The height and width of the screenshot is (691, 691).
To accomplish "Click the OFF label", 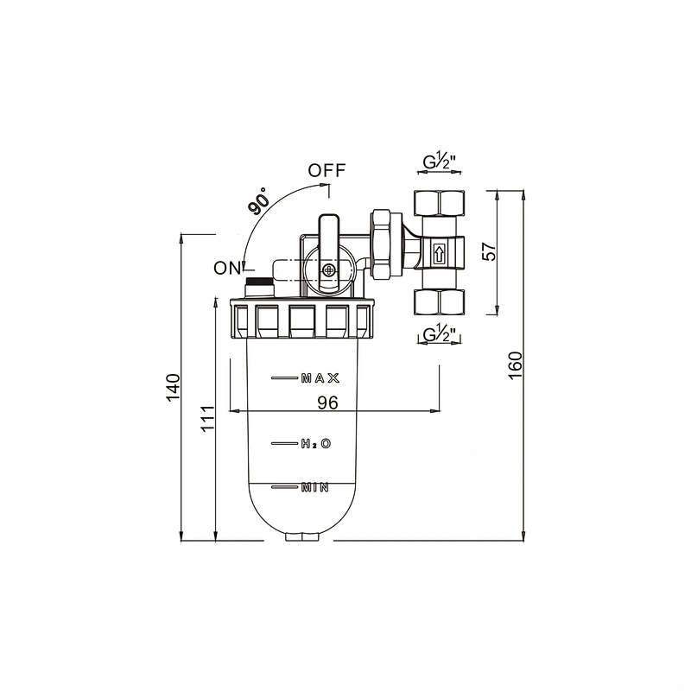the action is [x=326, y=170].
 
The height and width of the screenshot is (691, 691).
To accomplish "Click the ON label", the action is [x=227, y=268].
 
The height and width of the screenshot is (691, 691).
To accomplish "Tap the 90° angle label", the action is [x=258, y=200].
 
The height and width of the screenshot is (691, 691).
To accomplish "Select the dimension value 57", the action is [x=489, y=251].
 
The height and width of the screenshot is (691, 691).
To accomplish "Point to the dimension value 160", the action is [x=515, y=365].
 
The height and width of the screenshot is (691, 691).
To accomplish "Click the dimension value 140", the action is [x=174, y=387].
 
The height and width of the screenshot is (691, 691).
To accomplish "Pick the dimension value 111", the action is [x=207, y=419].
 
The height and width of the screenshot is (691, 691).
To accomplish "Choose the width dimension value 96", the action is [x=328, y=403].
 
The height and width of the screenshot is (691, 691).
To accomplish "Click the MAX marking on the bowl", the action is [x=320, y=377].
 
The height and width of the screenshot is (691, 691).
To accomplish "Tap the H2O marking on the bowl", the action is [x=316, y=443].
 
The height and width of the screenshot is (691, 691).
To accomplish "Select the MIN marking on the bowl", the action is [x=314, y=487].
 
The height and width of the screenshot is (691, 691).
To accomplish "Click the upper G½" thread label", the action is [x=439, y=162].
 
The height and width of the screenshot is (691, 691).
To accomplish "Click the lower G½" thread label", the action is [x=439, y=335].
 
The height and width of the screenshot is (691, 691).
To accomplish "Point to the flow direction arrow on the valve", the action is [x=439, y=254].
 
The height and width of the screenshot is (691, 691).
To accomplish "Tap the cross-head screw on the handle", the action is [x=328, y=269].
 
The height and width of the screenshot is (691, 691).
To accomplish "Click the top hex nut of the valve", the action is [x=439, y=203].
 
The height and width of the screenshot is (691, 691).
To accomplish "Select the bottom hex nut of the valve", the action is [x=439, y=302].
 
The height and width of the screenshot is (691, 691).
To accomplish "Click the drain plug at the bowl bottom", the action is [x=301, y=536].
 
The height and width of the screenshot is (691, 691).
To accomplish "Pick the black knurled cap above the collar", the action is [x=260, y=282].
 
